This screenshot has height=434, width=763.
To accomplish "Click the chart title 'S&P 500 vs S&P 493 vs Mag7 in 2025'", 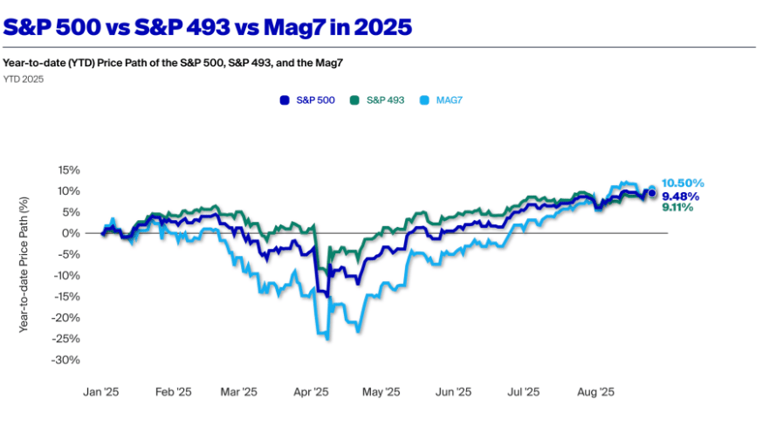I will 208,27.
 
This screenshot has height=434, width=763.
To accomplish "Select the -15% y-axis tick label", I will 67,297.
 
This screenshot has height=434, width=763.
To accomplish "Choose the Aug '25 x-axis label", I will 597,393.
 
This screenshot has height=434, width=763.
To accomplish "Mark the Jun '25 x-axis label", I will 453,393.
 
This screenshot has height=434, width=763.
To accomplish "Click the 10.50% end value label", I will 683,183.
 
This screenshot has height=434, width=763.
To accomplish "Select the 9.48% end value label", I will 680,196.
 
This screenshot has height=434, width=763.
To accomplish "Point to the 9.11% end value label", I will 677,208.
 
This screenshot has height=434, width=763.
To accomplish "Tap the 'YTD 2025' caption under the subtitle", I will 23,79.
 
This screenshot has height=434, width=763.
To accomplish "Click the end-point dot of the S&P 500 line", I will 651,193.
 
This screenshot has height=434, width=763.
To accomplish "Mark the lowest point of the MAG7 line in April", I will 327,339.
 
